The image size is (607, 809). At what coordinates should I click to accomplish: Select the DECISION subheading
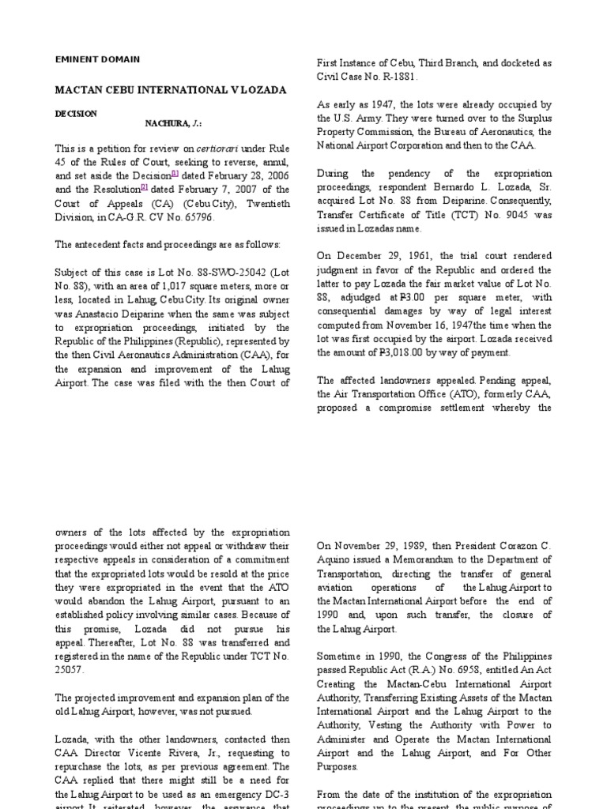pos(75,114)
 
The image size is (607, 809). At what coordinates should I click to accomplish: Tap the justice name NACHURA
pos(168,124)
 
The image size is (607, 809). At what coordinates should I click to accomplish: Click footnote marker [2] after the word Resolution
pos(144,186)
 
